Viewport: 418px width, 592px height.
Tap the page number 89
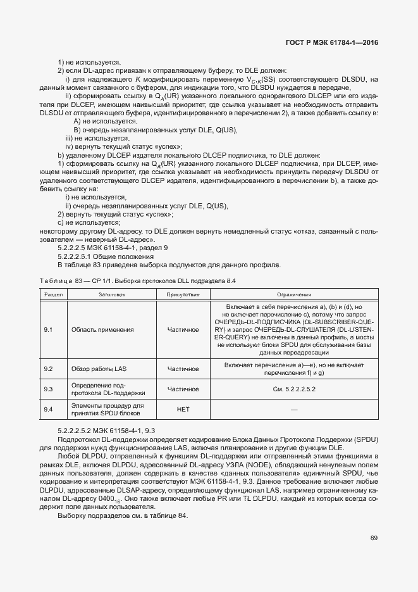tap(374, 538)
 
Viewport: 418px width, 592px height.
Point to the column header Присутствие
tap(183, 294)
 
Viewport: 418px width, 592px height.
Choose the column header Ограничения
tap(293, 294)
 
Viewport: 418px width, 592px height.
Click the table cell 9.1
tap(47, 330)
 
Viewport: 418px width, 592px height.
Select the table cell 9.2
tap(47, 369)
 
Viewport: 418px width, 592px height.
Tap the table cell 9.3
tap(47, 389)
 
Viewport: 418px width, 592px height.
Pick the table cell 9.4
tap(47, 410)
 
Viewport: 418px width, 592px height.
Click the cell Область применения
tap(102, 330)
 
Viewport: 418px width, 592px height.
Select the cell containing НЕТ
tap(183, 410)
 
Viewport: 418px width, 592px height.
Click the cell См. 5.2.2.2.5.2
tap(293, 389)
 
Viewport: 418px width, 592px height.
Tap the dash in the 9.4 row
tap(293, 410)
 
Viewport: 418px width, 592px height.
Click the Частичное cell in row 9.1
tap(183, 330)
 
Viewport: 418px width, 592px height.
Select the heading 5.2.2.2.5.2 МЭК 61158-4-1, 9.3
tap(102, 431)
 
